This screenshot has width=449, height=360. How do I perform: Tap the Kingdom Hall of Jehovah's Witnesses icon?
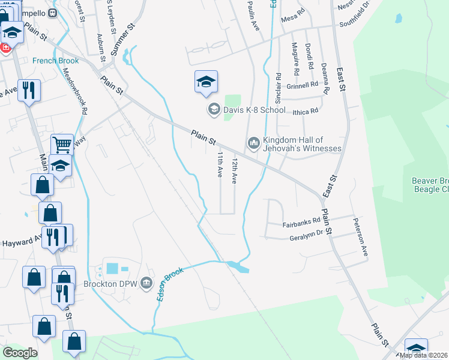coord(253,143)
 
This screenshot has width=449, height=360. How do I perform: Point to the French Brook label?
coord(56,61)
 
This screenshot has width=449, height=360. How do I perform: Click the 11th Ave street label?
coord(220,164)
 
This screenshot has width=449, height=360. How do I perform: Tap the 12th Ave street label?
coord(235,170)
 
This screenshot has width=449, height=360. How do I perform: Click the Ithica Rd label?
coord(306,111)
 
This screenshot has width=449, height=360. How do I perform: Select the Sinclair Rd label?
coord(278,88)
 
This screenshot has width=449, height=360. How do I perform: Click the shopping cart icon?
coord(62,143)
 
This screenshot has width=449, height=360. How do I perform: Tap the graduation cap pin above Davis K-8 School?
coord(206,82)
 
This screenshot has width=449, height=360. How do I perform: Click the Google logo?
coord(20,353)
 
